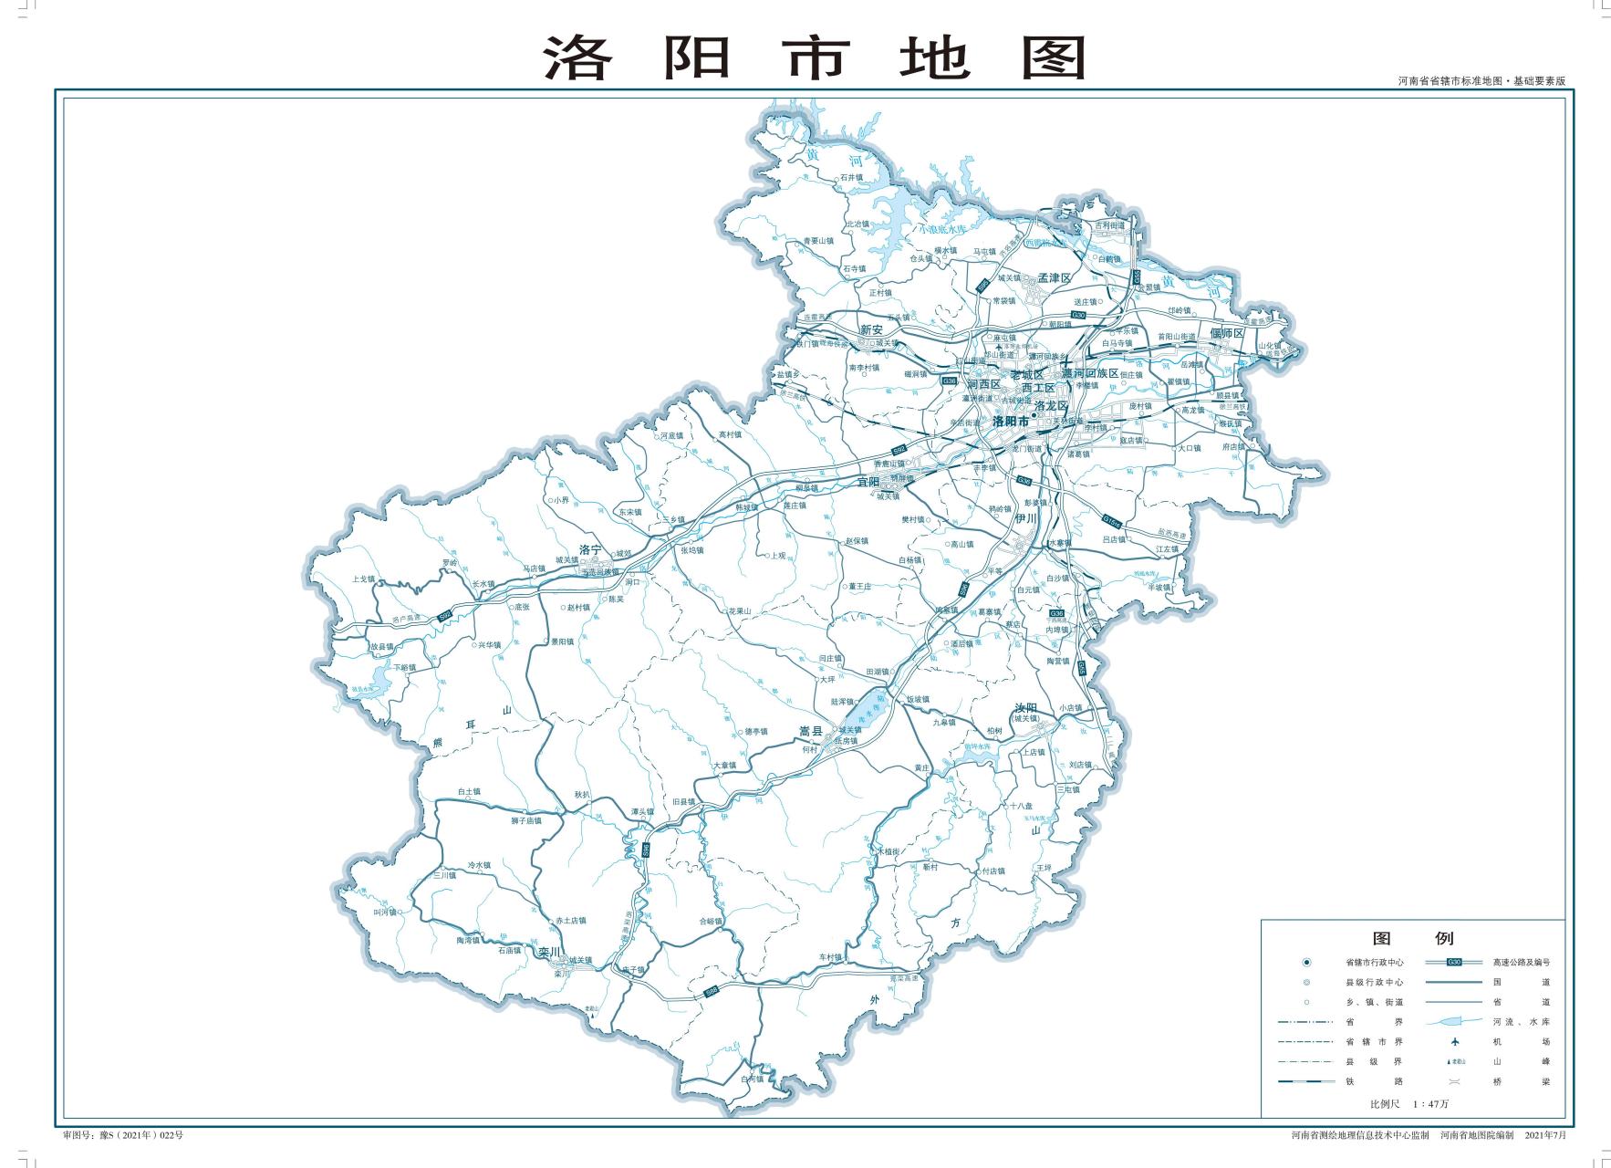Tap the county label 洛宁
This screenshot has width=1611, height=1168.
click(x=591, y=550)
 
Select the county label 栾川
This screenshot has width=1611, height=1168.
click(x=548, y=953)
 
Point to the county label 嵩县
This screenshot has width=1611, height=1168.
click(x=810, y=731)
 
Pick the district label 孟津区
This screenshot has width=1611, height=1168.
click(x=1054, y=277)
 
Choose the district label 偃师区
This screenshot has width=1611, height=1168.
click(x=1227, y=334)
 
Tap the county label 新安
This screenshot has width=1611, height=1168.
click(x=871, y=329)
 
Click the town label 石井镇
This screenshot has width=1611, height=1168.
click(x=851, y=177)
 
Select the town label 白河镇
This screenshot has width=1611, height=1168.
click(x=752, y=1079)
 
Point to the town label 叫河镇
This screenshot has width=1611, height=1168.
click(x=385, y=912)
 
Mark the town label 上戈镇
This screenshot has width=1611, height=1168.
click(x=363, y=579)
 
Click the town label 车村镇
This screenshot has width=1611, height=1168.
click(x=829, y=957)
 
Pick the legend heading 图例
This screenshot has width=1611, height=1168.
click(x=1412, y=938)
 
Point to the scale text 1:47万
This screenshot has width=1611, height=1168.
click(x=1430, y=1104)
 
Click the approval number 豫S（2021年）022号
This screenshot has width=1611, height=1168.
click(x=123, y=1135)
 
